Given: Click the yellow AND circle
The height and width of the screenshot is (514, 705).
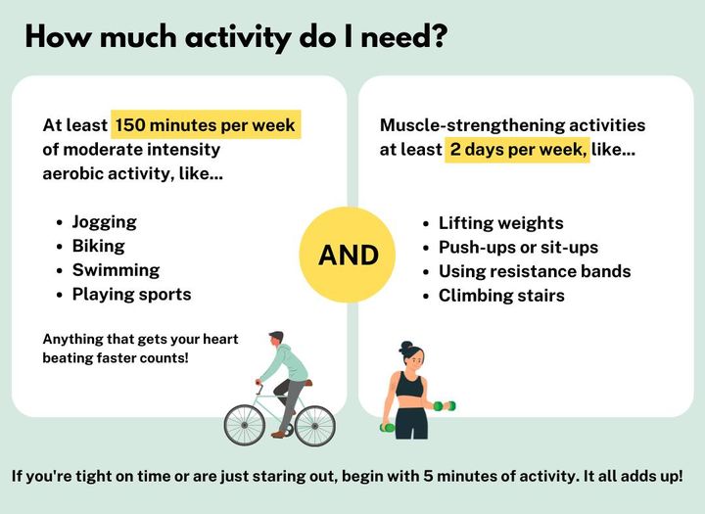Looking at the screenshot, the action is [x=347, y=255].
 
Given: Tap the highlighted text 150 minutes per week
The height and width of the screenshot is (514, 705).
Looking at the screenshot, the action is [x=206, y=124].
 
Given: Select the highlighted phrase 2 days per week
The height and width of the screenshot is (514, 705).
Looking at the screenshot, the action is [x=518, y=149].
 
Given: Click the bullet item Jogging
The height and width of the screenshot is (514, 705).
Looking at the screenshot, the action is [x=105, y=222].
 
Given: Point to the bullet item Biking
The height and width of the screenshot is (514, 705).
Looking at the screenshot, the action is [x=99, y=246].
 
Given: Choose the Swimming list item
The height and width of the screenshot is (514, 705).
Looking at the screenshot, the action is [x=116, y=270].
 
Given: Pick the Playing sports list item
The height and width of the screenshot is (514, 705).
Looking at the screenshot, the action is [x=132, y=294].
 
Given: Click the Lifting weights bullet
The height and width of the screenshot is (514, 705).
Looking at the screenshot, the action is [x=501, y=223].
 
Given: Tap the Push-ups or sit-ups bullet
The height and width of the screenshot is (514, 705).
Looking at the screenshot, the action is [x=518, y=248].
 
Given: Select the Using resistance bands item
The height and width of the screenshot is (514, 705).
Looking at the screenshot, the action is [x=535, y=271].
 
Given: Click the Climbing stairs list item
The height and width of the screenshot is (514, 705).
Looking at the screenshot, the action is [x=501, y=296].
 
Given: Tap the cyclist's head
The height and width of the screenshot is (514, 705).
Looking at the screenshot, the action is [x=276, y=339].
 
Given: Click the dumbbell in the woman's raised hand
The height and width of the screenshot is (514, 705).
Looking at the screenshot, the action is [x=445, y=406].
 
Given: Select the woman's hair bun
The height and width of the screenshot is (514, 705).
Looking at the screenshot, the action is [x=406, y=347].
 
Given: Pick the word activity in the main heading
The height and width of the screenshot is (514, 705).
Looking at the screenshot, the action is [x=238, y=38].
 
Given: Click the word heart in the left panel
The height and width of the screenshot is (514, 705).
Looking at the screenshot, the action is [x=220, y=339].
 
